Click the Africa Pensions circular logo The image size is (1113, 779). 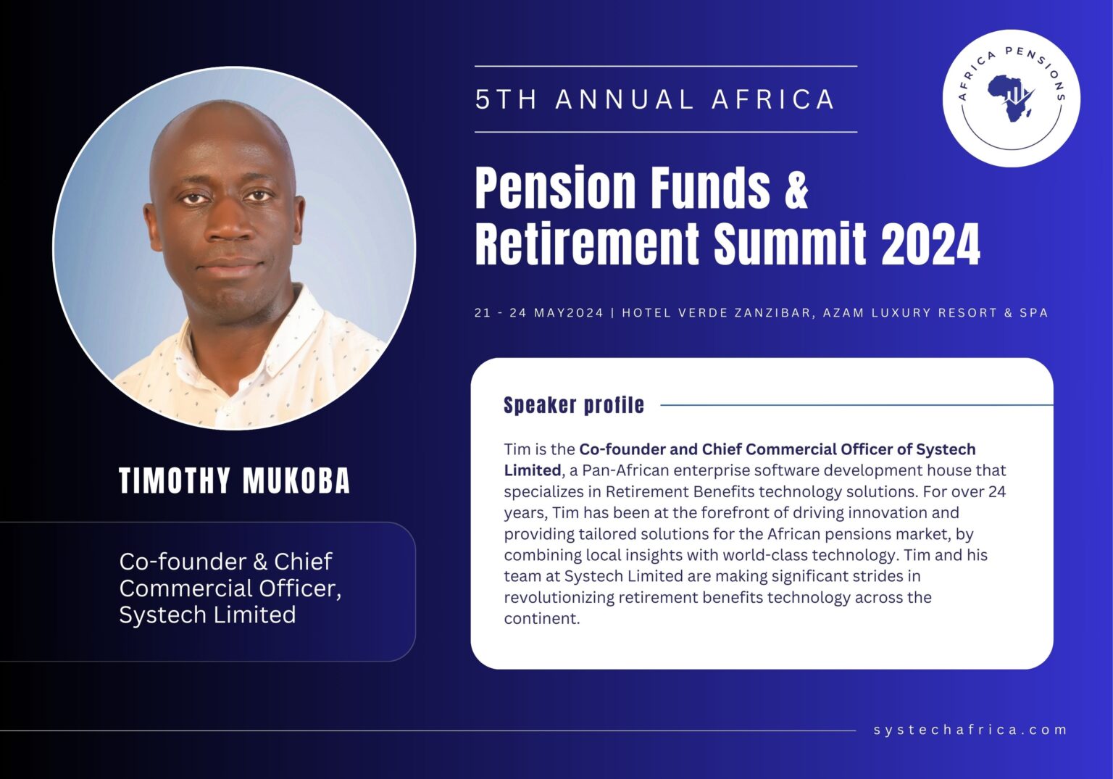[1011, 99]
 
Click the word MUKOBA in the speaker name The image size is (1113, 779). [296, 481]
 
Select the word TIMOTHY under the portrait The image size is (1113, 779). [175, 481]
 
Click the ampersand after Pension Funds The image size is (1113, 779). [796, 188]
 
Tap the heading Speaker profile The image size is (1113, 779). [573, 405]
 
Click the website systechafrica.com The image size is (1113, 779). [970, 730]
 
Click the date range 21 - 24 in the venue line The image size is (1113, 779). [501, 313]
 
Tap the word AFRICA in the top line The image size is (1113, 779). [773, 99]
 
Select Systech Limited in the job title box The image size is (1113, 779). [207, 615]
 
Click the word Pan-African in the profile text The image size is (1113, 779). [625, 470]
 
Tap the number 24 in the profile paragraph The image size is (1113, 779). [997, 491]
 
